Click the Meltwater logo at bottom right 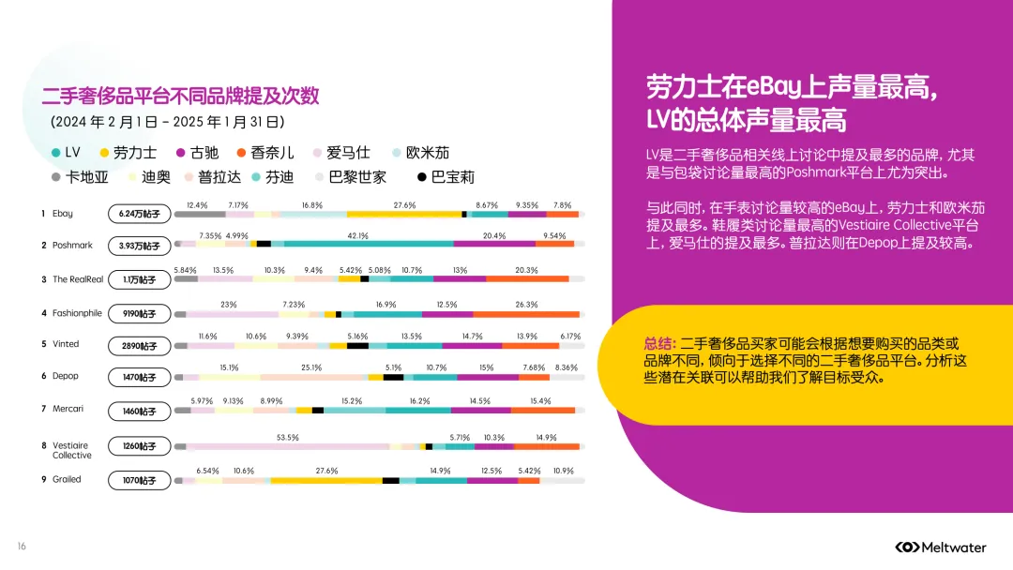(x=947, y=547)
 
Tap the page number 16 (x=22, y=547)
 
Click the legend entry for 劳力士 (x=129, y=153)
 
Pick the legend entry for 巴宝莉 (x=446, y=176)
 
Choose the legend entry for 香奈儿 (x=265, y=153)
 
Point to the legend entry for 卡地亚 (x=81, y=176)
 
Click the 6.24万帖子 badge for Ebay (x=140, y=215)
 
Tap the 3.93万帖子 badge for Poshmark (x=140, y=246)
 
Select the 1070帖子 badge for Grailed (x=140, y=481)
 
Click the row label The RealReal (x=79, y=279)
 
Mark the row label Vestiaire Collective (x=72, y=450)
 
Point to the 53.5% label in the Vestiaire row (x=288, y=437)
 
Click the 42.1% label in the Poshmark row (x=357, y=235)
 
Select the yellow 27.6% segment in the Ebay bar (x=404, y=215)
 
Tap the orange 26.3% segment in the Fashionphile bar (x=526, y=314)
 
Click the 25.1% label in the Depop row (x=311, y=367)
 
